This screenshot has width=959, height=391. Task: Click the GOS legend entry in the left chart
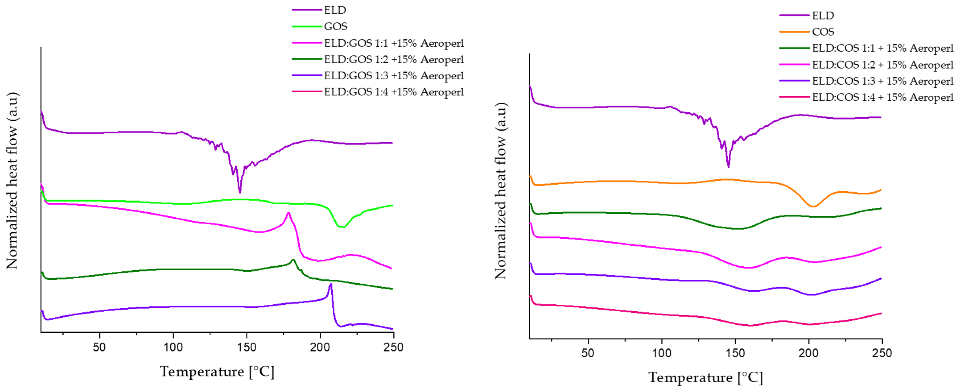335,27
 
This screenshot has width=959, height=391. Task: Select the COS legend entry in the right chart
823,32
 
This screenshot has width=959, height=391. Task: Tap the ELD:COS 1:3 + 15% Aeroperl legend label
882,81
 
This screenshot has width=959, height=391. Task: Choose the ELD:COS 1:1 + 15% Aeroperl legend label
882,48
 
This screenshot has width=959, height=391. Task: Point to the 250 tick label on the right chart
882,353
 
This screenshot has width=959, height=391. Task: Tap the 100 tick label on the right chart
662,353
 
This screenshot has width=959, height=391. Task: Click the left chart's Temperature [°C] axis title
217,372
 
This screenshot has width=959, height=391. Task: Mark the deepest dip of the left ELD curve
240,192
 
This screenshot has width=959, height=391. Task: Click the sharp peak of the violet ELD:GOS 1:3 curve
330,285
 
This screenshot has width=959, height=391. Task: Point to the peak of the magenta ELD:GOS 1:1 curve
288,213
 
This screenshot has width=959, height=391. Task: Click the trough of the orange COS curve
813,206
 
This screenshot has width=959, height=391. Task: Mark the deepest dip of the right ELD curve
728,167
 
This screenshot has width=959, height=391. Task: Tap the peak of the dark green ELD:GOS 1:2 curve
293,260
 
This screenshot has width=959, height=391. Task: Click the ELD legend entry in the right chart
823,16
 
